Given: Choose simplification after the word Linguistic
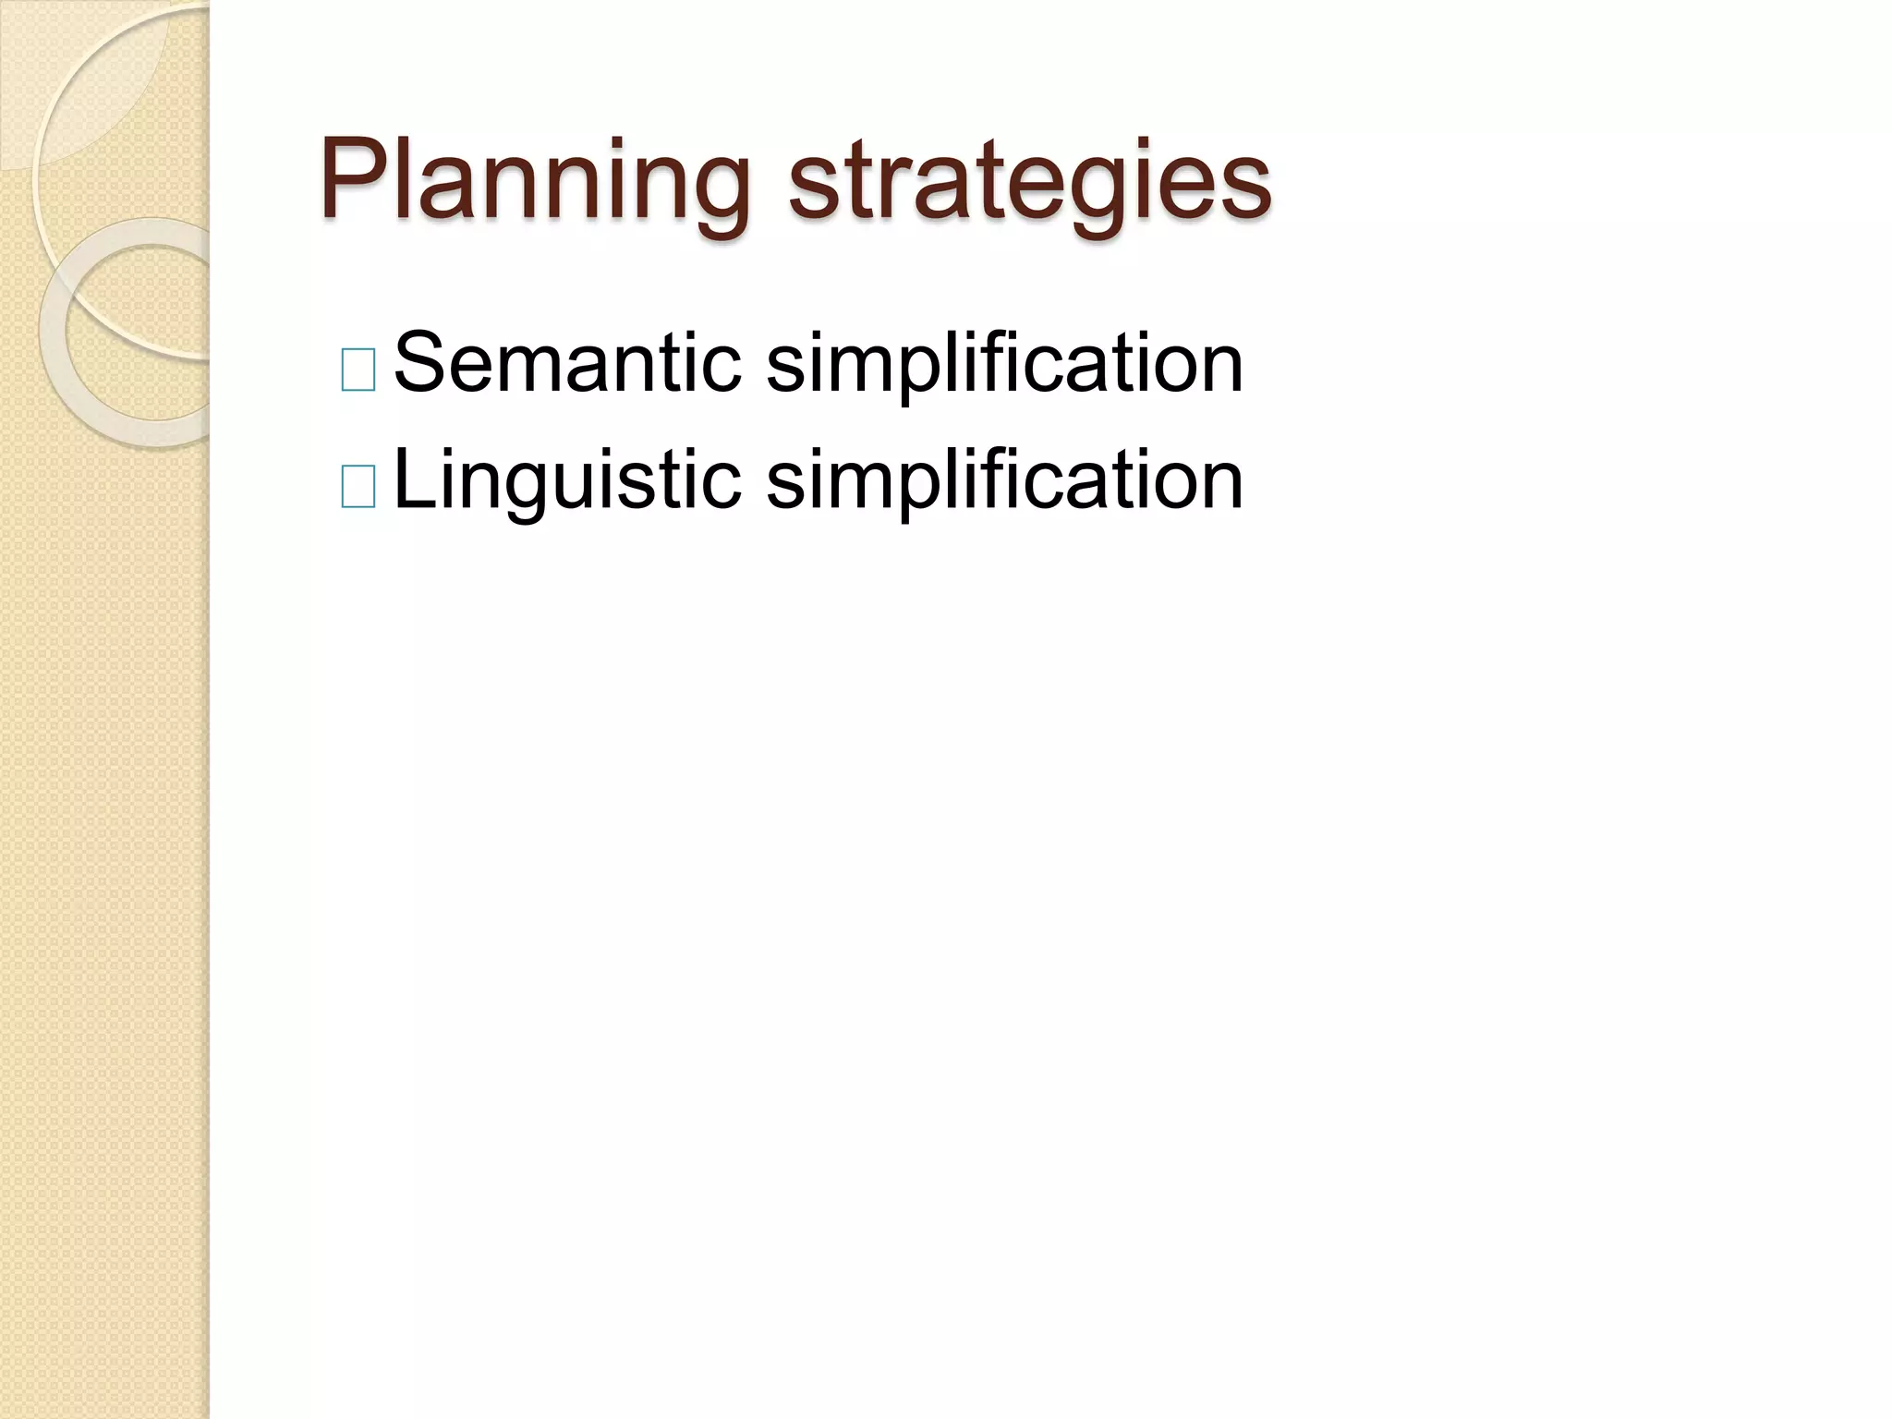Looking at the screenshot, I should pos(1004,482).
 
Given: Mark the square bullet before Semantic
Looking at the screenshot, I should pos(358,370).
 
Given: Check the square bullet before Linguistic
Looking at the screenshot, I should pos(358,487).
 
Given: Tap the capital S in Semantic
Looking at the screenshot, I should pos(418,362).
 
